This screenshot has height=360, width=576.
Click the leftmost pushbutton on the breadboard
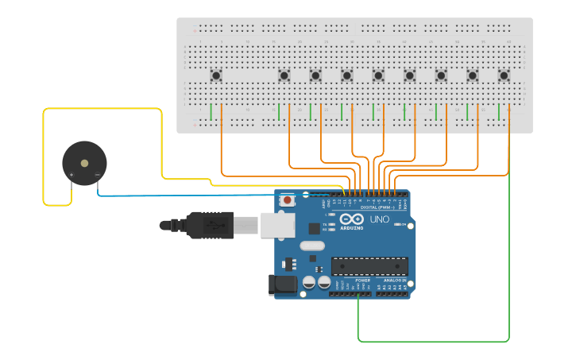(216, 75)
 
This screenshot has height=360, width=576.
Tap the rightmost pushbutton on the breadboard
(504, 75)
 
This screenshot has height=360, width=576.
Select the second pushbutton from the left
(284, 75)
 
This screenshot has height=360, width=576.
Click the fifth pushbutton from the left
(378, 75)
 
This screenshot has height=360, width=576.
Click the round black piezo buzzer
(84, 164)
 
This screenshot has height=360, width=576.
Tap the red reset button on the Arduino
(287, 200)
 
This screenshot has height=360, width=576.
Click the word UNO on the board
(379, 219)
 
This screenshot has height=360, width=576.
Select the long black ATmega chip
(369, 266)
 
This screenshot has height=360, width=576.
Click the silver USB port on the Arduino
(277, 226)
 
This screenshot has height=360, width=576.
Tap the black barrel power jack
(284, 285)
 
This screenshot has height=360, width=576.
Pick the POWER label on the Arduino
(362, 281)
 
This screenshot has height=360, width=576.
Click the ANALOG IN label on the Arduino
(395, 281)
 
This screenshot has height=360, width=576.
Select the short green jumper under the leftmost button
(211, 112)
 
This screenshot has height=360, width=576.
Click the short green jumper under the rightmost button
(499, 112)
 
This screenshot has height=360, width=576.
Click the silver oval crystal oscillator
(311, 246)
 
